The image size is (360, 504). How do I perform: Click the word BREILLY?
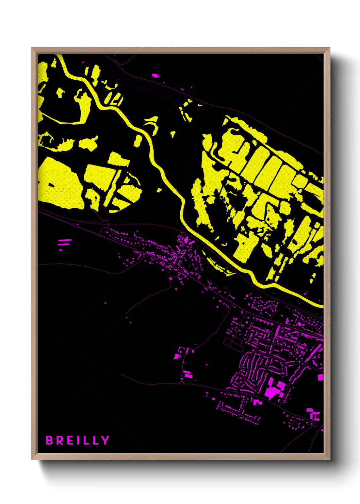point(77,440)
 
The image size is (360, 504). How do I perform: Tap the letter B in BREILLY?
point(49,440)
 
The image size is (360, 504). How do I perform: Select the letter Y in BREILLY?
point(105,440)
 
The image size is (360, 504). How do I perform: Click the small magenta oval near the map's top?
point(155,75)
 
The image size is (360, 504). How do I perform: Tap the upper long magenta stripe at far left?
point(65,240)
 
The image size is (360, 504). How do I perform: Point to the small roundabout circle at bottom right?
point(294,424)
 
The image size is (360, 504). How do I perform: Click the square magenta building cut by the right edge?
point(321,377)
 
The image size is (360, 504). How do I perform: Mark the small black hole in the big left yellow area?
point(51,185)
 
